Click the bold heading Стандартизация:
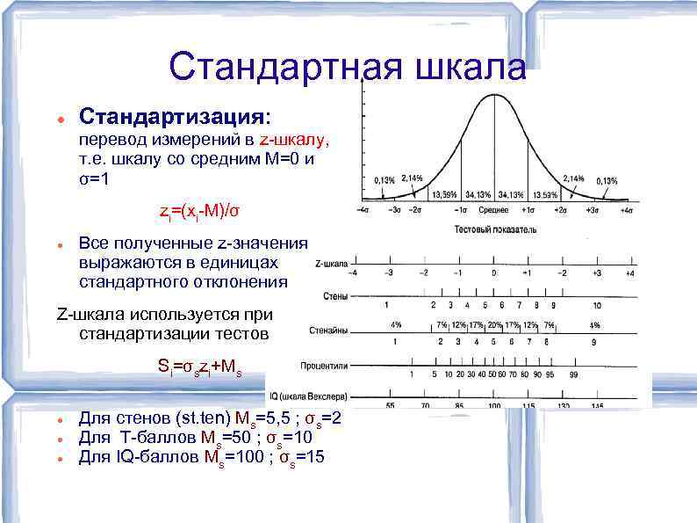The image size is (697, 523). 176,117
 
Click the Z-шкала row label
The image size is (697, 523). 330,263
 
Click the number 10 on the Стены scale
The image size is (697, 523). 597,305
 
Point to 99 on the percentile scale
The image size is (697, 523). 572,374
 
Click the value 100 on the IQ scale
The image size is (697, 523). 494,405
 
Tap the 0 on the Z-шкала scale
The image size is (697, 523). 494,272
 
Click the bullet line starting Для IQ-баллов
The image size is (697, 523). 201,456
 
